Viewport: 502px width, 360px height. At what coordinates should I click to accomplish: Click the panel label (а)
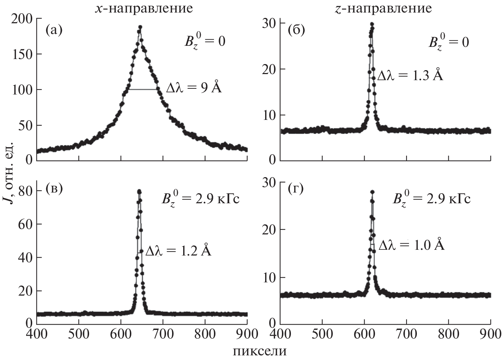tap(54, 30)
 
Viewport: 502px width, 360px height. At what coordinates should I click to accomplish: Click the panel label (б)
tap(296, 30)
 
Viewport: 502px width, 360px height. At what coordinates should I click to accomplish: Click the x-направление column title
tap(143, 8)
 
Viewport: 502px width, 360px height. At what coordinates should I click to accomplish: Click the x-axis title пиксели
tap(260, 351)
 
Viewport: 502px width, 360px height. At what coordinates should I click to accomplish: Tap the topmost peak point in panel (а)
tap(140, 27)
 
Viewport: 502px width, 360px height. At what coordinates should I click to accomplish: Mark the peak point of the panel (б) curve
tap(372, 24)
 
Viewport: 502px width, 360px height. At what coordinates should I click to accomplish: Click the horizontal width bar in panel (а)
tap(143, 89)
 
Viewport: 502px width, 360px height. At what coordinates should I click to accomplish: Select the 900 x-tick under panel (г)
tap(490, 334)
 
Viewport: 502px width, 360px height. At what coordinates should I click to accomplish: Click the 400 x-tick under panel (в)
tap(37, 334)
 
